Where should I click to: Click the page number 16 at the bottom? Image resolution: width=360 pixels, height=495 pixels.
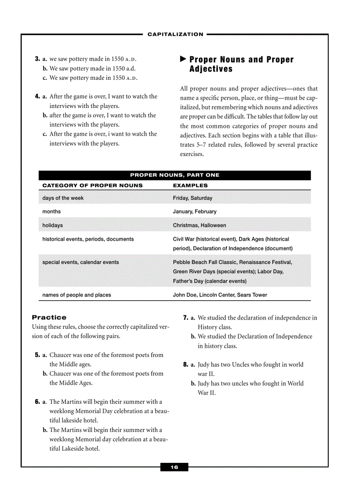coord(174,467)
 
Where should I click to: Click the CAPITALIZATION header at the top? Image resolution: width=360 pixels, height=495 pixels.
coord(175,34)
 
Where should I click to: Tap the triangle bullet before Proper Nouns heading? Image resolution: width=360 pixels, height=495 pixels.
coord(183,60)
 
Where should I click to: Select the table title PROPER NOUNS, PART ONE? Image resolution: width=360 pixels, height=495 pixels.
coord(175,175)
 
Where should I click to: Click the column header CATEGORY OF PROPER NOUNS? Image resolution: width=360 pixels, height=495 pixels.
coord(93,186)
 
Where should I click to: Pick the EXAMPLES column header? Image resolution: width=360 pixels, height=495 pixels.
coord(190,186)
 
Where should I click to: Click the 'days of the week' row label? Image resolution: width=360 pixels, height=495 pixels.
coord(63,198)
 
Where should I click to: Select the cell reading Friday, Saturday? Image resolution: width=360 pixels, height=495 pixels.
coord(192,198)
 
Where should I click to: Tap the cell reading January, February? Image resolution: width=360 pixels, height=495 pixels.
coord(195,212)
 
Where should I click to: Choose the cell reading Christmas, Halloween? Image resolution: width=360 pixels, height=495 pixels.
coord(199,225)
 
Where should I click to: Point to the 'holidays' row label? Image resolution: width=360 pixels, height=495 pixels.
coord(52,225)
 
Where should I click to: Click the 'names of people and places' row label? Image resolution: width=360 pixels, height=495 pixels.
coord(77,295)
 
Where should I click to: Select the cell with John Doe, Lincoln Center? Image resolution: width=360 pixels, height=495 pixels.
coord(220,295)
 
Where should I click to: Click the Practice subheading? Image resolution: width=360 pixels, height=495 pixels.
coord(49,317)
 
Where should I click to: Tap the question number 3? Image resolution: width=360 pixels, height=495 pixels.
coord(37,59)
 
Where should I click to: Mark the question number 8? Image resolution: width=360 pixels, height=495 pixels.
coord(185,365)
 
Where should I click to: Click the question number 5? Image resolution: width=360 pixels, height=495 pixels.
coord(37,355)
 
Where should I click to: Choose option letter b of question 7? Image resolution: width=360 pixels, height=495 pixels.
coord(193,337)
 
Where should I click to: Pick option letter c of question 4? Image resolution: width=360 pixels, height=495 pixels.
coord(45,134)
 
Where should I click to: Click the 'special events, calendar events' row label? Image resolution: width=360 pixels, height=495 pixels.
coord(80,262)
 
